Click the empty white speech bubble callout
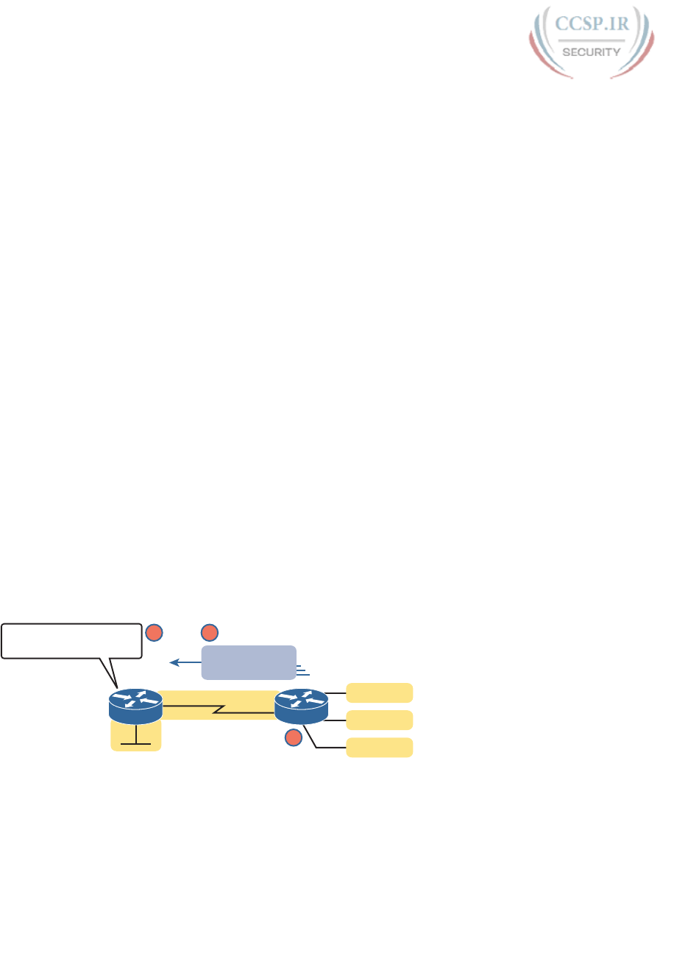[71, 640]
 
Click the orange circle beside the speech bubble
[153, 632]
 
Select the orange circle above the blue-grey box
[210, 632]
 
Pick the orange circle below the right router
[293, 737]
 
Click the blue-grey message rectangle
[249, 662]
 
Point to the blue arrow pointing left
[185, 663]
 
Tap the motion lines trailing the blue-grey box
[302, 670]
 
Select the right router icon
[300, 704]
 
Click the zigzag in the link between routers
[218, 711]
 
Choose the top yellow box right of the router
[379, 693]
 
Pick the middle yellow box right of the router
[379, 720]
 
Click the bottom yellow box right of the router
[379, 747]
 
